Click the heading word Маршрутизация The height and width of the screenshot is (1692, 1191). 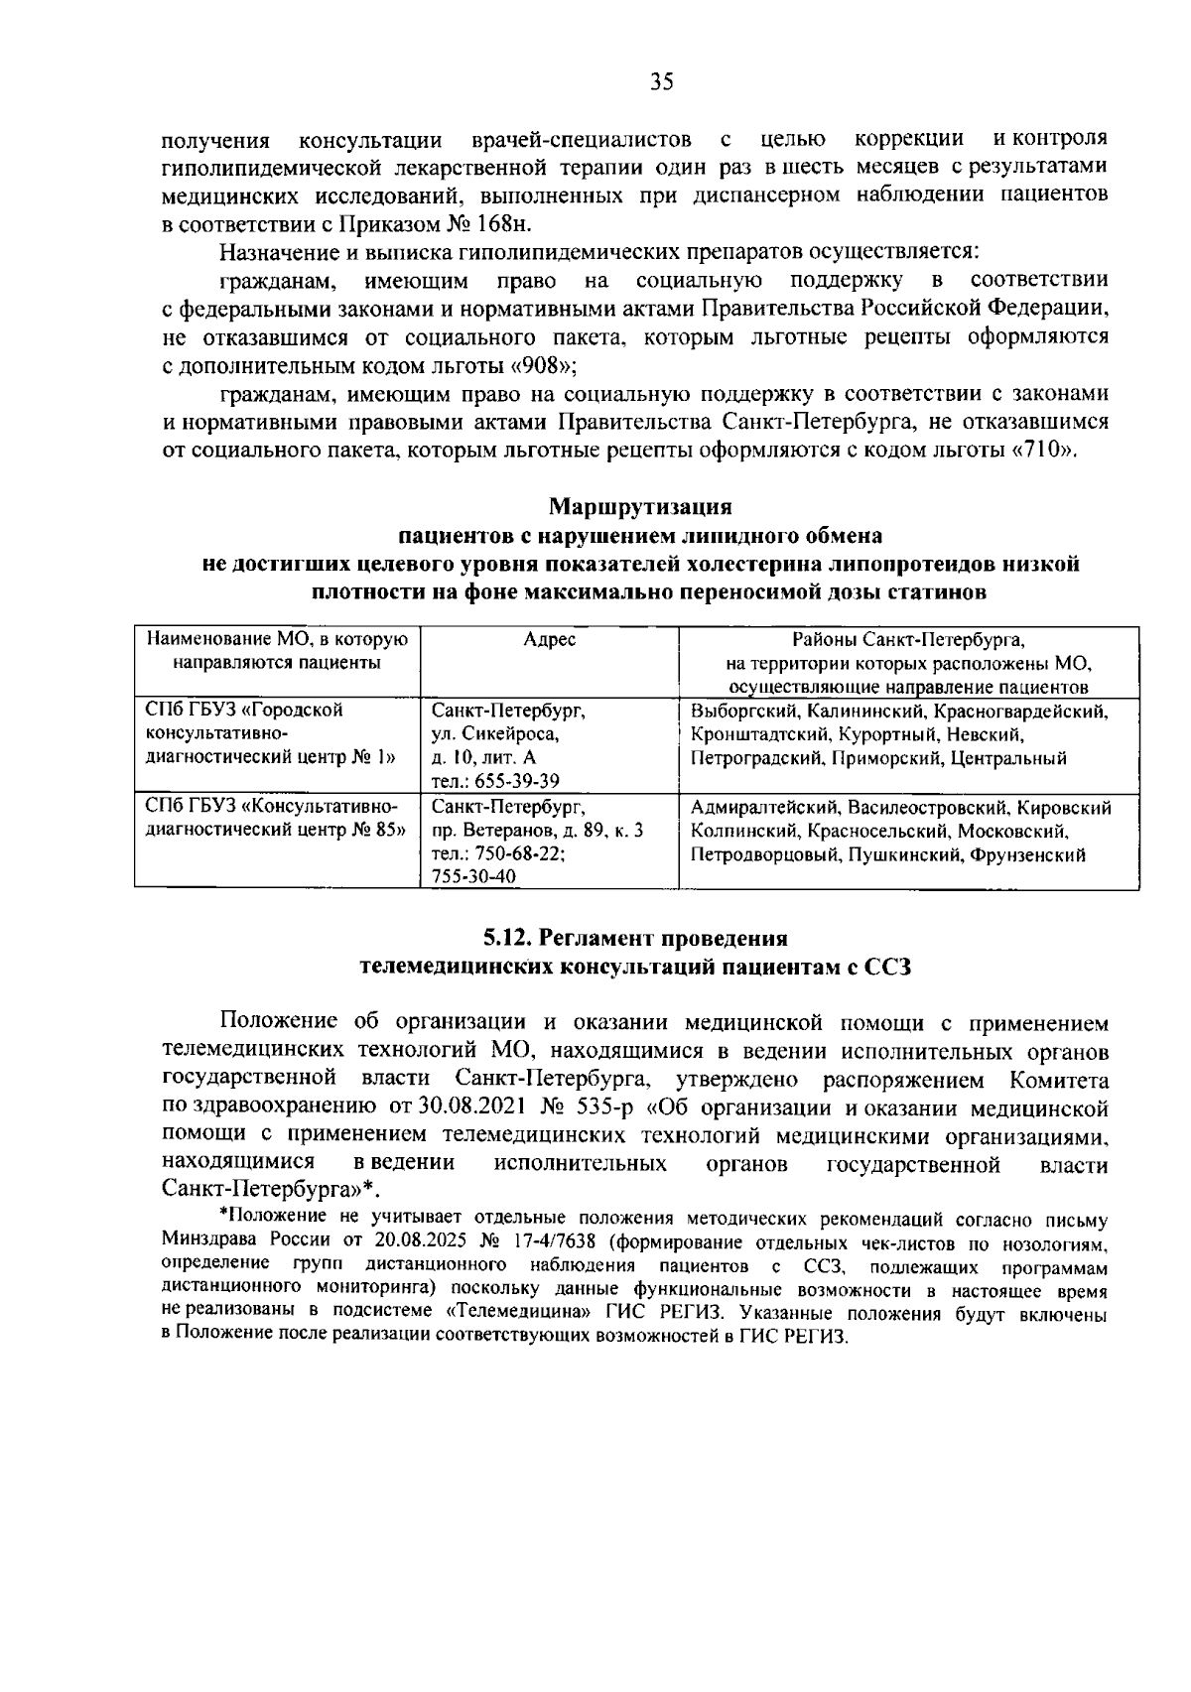(x=640, y=507)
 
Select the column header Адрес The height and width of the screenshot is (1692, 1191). (x=549, y=640)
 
